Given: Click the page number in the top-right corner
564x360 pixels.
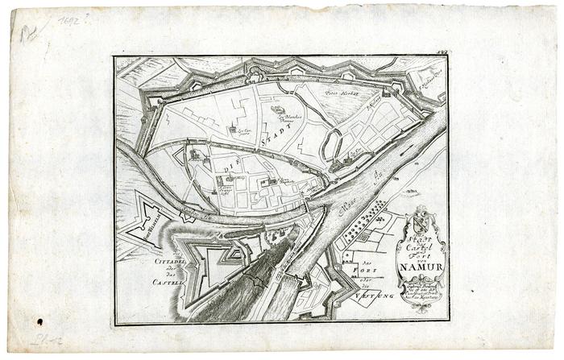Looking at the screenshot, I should [x=442, y=52].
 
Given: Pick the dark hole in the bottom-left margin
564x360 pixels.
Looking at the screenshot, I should [x=39, y=322].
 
